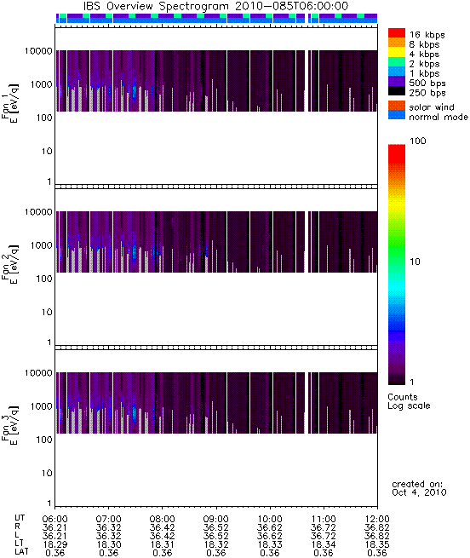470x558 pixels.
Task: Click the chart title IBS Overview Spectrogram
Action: coord(156,6)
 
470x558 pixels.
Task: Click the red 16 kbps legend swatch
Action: coord(397,32)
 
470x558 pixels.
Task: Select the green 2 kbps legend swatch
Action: coord(397,62)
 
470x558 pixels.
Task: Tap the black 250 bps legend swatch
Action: coord(397,91)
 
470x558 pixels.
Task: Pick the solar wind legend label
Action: coord(431,107)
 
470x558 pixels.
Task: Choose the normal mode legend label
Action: coord(438,117)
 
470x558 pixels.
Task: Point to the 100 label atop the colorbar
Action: coord(418,141)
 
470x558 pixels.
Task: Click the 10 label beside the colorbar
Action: coord(416,262)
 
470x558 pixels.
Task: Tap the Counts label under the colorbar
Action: coord(403,397)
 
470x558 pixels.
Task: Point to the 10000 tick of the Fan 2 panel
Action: coord(38,212)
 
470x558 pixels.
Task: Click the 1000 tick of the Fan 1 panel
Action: coord(41,84)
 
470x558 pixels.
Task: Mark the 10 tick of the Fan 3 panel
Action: coord(47,474)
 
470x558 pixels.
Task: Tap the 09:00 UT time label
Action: coord(215,519)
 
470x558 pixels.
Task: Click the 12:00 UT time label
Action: coord(377,519)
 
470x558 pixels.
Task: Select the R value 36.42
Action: coord(163,527)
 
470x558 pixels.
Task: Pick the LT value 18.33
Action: coord(270,544)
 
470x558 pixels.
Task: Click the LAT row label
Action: coord(21,552)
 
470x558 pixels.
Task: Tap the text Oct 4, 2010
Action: coord(419,492)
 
